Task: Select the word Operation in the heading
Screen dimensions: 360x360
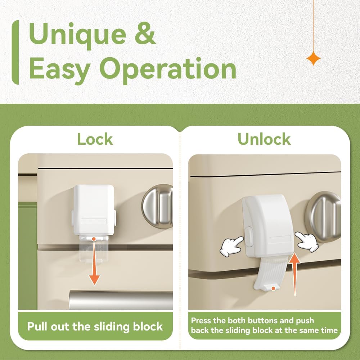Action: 168,69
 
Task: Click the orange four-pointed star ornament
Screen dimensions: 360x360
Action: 314,58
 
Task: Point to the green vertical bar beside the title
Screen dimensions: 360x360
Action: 15,52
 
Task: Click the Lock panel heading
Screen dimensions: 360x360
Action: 95,139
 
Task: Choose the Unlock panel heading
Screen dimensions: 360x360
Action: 264,139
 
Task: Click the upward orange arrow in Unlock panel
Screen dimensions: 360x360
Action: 294,274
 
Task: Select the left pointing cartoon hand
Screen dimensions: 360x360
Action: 231,246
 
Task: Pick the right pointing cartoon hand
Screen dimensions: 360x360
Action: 307,242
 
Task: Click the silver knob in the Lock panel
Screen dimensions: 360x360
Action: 158,206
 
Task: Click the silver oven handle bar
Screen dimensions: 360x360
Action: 121,300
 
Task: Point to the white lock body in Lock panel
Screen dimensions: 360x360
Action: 94,210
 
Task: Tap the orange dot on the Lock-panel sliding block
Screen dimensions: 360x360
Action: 94,239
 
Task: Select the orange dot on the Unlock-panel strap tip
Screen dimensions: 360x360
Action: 273,288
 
